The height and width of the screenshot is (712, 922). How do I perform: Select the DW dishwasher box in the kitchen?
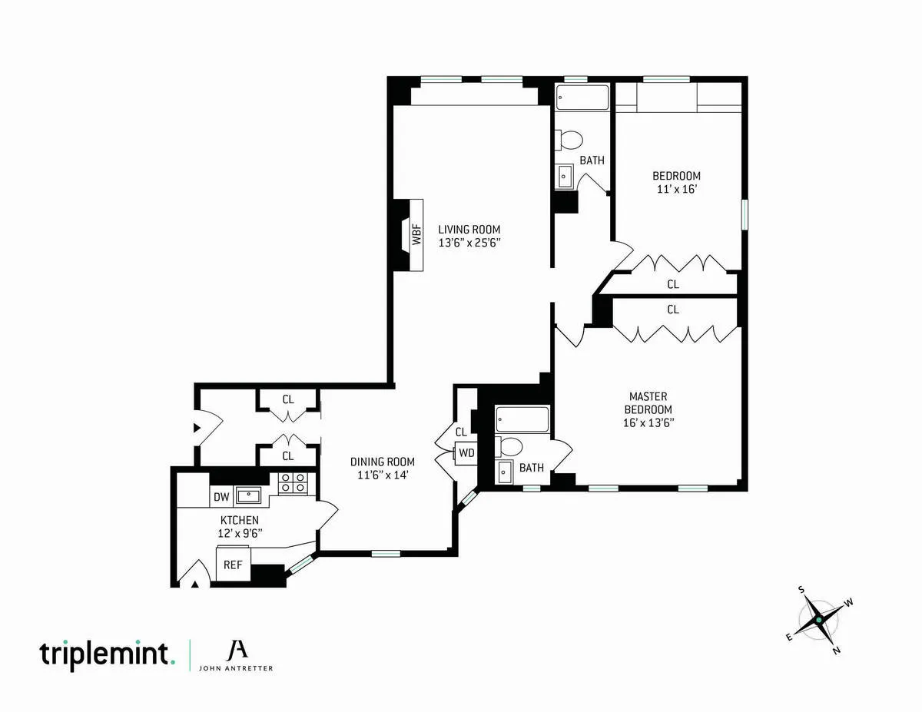point(221,497)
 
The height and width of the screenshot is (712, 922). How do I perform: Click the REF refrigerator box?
point(233,565)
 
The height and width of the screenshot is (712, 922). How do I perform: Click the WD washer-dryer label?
point(466,452)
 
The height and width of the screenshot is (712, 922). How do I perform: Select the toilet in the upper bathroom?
point(569,140)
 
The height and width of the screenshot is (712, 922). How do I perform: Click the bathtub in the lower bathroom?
point(522,419)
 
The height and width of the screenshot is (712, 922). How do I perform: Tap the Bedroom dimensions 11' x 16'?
point(678,189)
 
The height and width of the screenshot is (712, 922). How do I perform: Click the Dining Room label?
point(382,462)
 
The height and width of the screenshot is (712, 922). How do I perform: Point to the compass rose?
point(819,619)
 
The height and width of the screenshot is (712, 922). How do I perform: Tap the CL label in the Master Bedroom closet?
point(673,310)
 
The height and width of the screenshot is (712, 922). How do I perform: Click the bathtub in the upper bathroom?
point(582,98)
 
